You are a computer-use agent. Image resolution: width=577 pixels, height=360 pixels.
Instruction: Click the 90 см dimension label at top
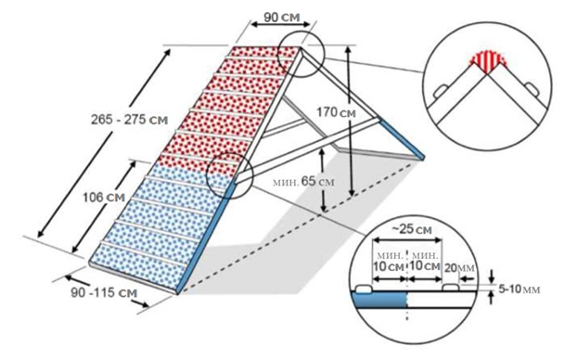pos(282,17)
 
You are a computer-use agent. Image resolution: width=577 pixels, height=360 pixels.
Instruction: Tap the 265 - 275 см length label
pos(129,120)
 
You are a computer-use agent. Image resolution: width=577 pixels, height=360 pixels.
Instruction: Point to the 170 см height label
pos(337,112)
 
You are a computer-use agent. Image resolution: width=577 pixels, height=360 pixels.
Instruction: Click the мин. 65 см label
pos(303,182)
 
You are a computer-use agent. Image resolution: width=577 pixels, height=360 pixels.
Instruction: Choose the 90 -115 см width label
pos(104,292)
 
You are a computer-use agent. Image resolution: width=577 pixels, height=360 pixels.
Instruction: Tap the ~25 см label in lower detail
pos(411,230)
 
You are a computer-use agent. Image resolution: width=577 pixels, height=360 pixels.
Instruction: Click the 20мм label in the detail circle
pos(459,268)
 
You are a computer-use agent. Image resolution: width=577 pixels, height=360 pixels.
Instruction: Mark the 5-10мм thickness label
pos(519,289)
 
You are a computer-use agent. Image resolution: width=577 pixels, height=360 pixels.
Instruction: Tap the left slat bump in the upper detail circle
pos(440,91)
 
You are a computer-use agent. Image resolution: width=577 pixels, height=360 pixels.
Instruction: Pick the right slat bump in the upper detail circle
pos(532,89)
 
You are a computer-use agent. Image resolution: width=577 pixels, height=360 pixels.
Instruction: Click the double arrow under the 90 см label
pos(281,25)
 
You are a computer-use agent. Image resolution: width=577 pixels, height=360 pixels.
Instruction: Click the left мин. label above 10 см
pos(390,255)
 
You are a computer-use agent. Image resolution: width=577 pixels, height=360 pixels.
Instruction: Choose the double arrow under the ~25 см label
pos(407,240)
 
